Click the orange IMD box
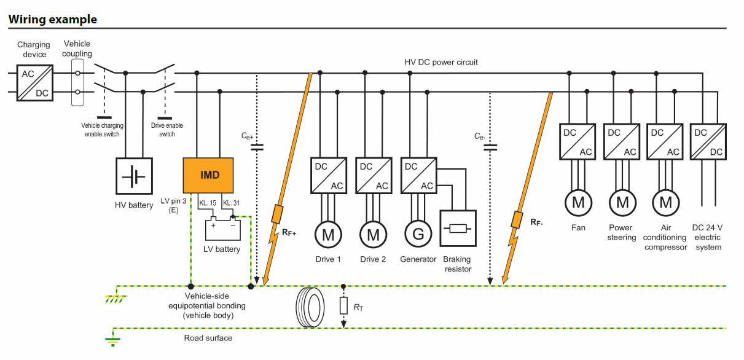(x=208, y=175)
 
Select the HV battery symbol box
(x=134, y=176)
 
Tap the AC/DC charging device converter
(x=35, y=83)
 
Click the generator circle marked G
(x=418, y=235)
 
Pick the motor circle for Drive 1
(x=328, y=235)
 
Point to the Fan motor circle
(x=578, y=203)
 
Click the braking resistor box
(x=458, y=229)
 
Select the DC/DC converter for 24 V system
(x=708, y=142)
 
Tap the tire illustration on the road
(x=310, y=307)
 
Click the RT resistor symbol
(x=344, y=306)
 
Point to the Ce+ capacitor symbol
(x=257, y=147)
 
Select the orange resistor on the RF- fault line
(x=517, y=219)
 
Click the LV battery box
(x=223, y=229)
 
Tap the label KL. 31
(x=231, y=203)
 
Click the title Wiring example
(x=53, y=19)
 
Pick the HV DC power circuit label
(x=441, y=62)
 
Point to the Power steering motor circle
(x=622, y=203)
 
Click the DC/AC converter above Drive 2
(x=374, y=176)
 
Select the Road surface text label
(x=208, y=338)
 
